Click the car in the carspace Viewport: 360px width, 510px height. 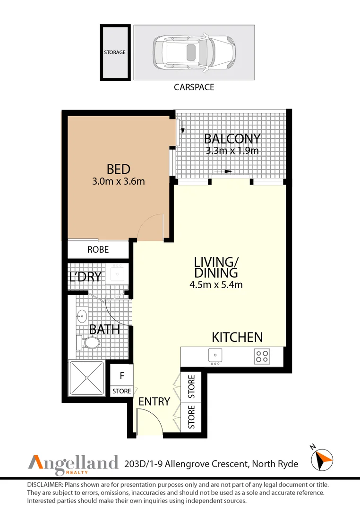(x=194, y=52)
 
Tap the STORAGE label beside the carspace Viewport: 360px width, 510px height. (x=115, y=52)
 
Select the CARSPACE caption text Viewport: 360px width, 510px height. (x=194, y=87)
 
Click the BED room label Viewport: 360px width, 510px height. (x=119, y=169)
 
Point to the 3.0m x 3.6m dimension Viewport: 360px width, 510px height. (x=119, y=181)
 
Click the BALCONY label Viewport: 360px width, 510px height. (x=232, y=139)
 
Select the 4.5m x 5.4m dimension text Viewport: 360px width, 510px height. (x=216, y=285)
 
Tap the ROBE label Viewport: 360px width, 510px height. (x=98, y=249)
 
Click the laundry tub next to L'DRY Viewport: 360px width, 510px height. (x=117, y=273)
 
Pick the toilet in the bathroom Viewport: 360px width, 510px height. (x=88, y=342)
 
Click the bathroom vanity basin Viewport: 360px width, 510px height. (x=82, y=315)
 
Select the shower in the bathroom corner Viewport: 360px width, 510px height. (x=87, y=378)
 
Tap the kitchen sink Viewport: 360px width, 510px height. (x=215, y=356)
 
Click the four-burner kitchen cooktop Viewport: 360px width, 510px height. (x=262, y=356)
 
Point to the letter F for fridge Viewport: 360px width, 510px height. (x=122, y=376)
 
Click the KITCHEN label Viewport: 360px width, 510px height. (x=237, y=337)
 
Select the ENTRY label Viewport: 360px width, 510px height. (x=154, y=401)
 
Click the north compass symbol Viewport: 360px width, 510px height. (x=322, y=459)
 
